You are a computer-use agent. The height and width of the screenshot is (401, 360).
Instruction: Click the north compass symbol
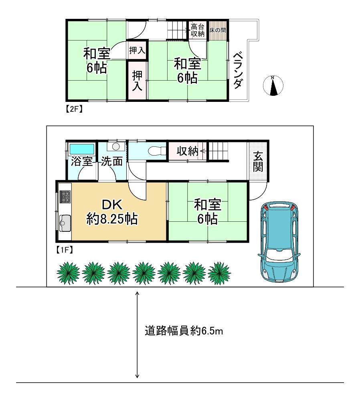click(273, 86)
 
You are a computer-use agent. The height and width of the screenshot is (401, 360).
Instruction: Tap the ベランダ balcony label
click(238, 70)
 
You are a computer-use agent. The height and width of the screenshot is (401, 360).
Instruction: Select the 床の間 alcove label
click(218, 30)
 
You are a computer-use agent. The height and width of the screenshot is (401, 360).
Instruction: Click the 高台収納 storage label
click(198, 30)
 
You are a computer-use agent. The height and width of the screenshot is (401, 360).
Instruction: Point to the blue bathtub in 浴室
click(82, 149)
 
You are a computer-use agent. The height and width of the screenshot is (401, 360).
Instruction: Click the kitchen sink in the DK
click(65, 223)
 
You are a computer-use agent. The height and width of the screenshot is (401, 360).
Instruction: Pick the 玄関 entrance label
click(258, 162)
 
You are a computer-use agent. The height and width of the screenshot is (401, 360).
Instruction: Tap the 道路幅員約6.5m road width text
click(184, 331)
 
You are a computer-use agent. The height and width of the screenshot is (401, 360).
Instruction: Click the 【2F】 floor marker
click(73, 109)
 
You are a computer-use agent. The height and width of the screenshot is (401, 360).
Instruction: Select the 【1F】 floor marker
click(65, 249)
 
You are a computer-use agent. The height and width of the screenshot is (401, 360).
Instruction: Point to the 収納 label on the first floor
click(187, 151)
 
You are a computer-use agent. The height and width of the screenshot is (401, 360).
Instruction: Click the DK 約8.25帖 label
click(112, 212)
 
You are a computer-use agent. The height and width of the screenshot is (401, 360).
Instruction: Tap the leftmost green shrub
click(68, 273)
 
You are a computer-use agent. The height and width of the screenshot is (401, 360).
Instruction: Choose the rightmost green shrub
click(219, 273)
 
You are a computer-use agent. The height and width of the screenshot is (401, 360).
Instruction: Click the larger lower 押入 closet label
click(137, 81)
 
